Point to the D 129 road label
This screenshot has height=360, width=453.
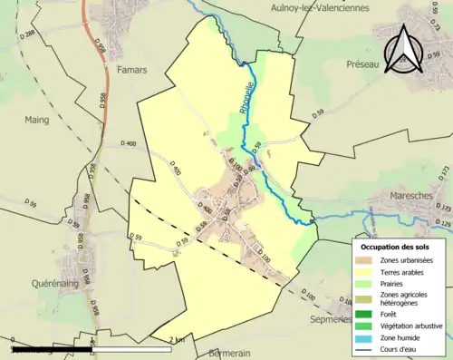(x=443, y=224)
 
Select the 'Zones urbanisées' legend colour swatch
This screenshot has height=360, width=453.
(x=365, y=261)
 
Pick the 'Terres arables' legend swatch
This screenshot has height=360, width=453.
(x=365, y=272)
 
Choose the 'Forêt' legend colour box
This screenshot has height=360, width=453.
(x=365, y=310)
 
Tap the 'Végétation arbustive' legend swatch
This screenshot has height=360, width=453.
(x=365, y=322)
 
